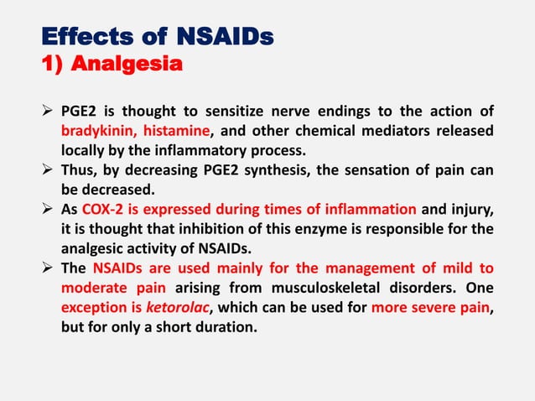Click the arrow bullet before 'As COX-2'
pos(49,209)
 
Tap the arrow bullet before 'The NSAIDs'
pos(49,268)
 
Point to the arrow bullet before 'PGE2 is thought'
pos(49,112)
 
